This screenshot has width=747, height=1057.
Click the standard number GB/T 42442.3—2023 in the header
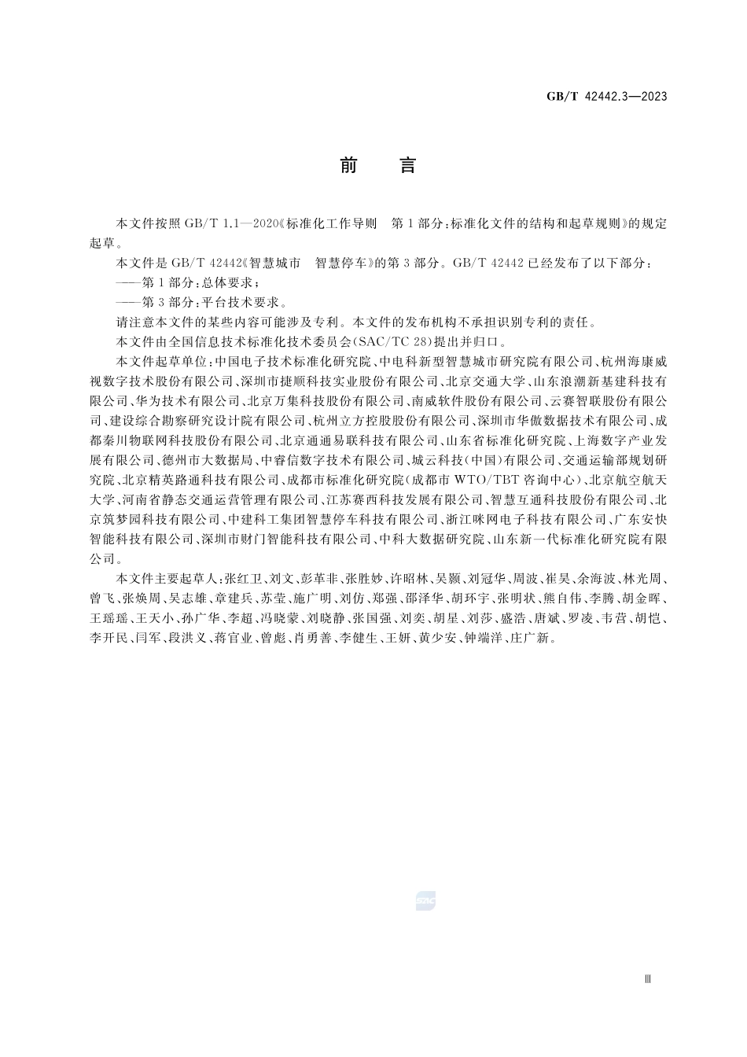point(606,97)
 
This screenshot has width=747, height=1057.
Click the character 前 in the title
point(348,166)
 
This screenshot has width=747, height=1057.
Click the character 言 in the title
point(407,166)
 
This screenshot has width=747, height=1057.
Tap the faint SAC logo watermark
point(425,901)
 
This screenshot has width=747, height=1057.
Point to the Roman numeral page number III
point(648,979)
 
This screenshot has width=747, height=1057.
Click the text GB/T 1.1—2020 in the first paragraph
point(233,224)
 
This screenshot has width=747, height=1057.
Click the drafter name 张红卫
point(244,578)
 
